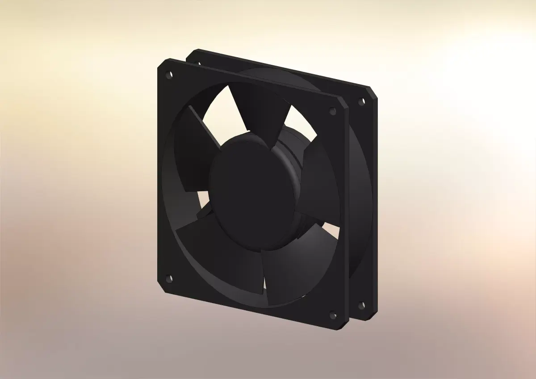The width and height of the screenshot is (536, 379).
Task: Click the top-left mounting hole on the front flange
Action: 168,74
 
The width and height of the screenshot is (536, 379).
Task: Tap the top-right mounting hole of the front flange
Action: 333,111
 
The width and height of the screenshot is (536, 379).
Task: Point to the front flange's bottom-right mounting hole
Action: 333,316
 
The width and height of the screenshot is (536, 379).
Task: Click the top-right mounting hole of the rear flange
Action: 360,102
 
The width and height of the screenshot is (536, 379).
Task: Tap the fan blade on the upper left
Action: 192,147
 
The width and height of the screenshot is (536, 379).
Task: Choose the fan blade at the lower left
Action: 214,250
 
